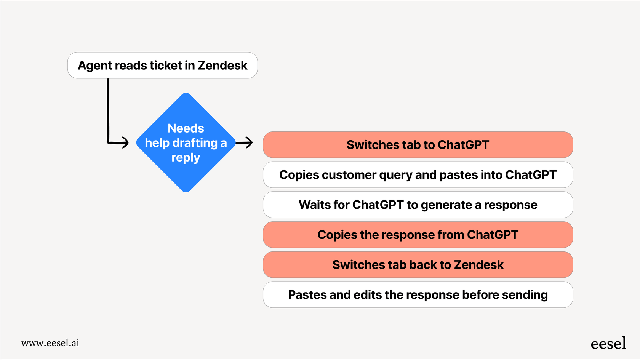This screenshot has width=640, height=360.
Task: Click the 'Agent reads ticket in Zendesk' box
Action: pyautogui.click(x=162, y=66)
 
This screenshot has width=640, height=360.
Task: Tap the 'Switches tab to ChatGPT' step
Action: pyautogui.click(x=418, y=145)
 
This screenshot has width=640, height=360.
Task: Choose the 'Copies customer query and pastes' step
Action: pyautogui.click(x=418, y=175)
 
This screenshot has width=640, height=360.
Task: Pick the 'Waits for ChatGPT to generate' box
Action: pyautogui.click(x=418, y=205)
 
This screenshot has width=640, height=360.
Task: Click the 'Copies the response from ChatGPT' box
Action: pyautogui.click(x=418, y=235)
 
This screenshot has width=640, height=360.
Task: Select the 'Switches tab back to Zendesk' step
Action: pyautogui.click(x=418, y=265)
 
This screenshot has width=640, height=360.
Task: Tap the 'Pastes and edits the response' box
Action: pyautogui.click(x=418, y=295)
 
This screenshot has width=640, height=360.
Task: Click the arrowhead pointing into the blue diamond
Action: pyautogui.click(x=125, y=143)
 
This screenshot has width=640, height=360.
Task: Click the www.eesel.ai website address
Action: pyautogui.click(x=50, y=343)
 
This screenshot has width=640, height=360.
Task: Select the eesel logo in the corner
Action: pyautogui.click(x=608, y=344)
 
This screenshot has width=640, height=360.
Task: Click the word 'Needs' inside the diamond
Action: pyautogui.click(x=186, y=128)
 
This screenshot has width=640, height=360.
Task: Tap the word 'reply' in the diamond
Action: pyautogui.click(x=186, y=158)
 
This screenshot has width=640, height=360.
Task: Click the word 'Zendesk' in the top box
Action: pyautogui.click(x=222, y=66)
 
